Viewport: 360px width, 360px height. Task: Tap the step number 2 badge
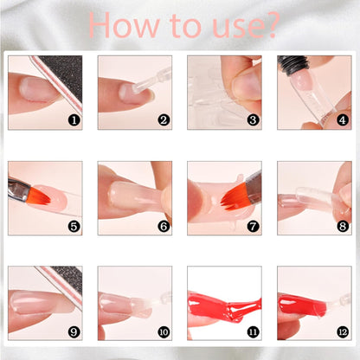164,121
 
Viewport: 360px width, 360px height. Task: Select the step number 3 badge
253,121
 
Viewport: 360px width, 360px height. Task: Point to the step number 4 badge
343,121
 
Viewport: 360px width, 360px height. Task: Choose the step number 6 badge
164,227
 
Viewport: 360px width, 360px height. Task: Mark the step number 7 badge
253,227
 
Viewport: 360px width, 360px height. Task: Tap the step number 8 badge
343,227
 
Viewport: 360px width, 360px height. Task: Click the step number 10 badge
164,331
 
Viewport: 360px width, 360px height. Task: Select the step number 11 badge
253,331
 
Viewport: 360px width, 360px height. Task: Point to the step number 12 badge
343,331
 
